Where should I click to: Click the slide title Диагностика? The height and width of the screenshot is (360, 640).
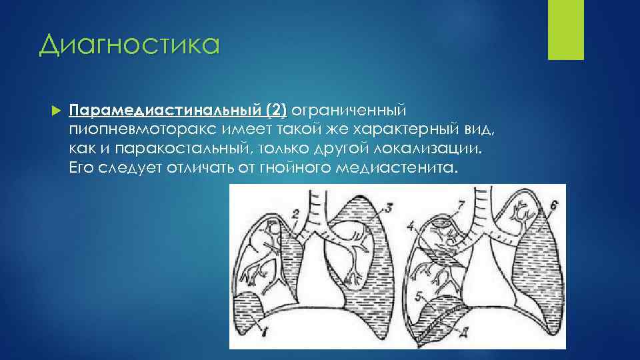pos(129,45)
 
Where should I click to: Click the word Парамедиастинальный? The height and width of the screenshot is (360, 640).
pos(166,109)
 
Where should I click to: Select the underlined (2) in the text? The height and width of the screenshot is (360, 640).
pos(276,109)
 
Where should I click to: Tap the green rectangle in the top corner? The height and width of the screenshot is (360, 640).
pos(565,30)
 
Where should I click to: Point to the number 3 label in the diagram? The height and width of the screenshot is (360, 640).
pos(389,208)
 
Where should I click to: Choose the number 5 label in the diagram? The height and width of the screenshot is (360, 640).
pos(417,293)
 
